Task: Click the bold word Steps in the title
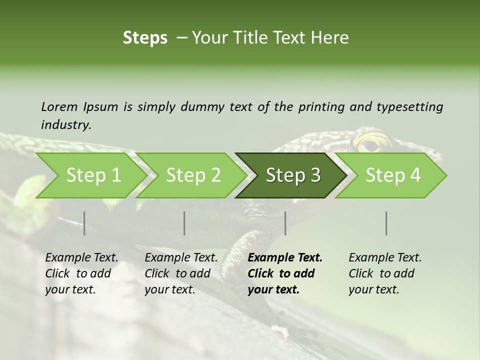pos(145,38)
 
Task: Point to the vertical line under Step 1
pos(84,223)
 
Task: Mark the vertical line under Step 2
pos(184,223)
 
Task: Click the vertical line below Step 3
pos(285,223)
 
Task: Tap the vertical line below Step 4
pos(386,223)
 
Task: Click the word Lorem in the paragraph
pos(59,106)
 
